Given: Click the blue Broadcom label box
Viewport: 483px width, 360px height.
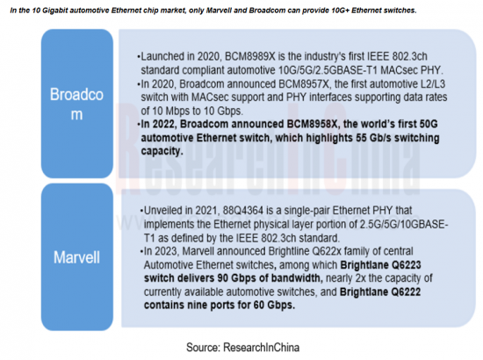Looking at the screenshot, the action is (x=77, y=104).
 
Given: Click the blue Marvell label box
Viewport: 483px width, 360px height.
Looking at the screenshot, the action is (x=77, y=257).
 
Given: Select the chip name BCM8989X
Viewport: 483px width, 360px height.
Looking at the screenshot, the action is (x=249, y=57).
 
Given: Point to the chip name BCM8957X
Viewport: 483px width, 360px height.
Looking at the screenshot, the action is (x=304, y=84).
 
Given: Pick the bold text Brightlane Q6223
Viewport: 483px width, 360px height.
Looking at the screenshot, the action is (x=380, y=265).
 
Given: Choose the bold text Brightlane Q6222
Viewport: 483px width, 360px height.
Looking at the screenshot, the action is (x=380, y=292).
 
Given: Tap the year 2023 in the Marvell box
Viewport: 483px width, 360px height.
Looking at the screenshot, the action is (x=166, y=251).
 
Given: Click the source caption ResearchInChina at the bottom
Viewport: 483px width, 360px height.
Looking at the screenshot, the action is (x=261, y=348).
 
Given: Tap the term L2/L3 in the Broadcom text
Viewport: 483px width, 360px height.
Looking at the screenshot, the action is (x=434, y=84).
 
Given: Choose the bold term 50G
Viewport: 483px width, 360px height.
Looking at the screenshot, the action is (x=429, y=124).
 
